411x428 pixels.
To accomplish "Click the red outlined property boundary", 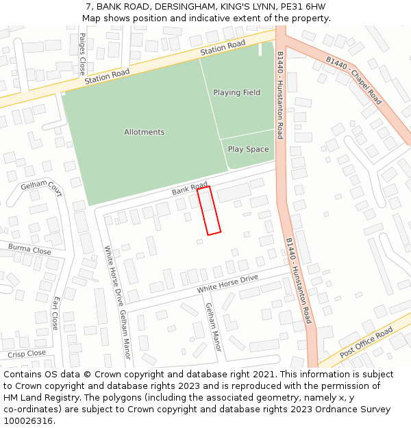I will [x=209, y=211].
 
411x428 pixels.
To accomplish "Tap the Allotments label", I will [x=145, y=132].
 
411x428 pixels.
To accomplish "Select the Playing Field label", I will [x=236, y=92].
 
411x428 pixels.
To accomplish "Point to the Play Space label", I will [x=248, y=149].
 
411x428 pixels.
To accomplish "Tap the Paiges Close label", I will [x=82, y=53].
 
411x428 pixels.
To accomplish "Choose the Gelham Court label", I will [x=41, y=190].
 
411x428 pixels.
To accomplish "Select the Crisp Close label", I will [x=27, y=354].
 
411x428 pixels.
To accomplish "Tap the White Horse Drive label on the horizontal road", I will [x=227, y=284].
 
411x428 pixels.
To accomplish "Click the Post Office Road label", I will [x=366, y=342].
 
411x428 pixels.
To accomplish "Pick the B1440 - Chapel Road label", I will [x=353, y=79].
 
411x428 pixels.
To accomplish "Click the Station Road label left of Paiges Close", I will [x=107, y=76].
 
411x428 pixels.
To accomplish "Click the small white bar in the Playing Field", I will [x=260, y=49].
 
